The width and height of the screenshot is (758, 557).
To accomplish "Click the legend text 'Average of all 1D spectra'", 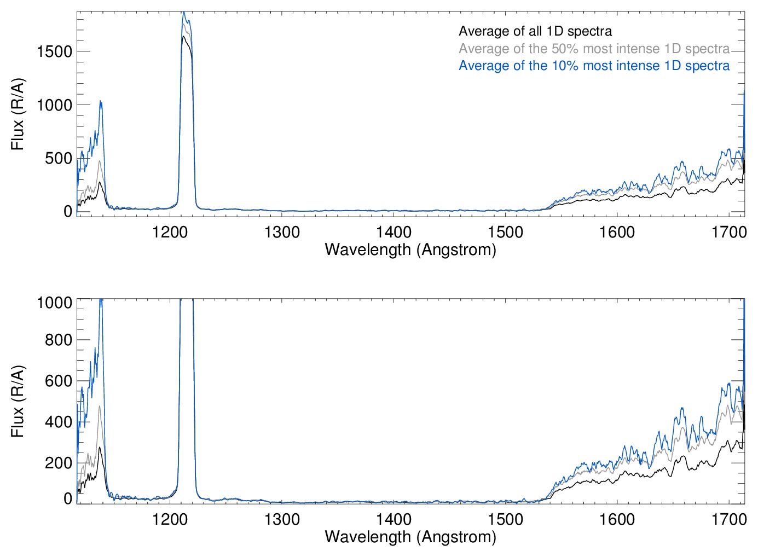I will (535, 31).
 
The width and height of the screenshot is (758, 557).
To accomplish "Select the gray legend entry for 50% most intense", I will (594, 49).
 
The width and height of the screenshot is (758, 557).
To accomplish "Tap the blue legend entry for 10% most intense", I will (594, 66).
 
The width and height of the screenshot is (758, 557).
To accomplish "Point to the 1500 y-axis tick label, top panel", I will (54, 51).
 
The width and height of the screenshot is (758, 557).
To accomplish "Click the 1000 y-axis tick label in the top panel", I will (54, 105).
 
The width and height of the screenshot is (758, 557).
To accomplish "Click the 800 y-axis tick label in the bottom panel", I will (59, 340).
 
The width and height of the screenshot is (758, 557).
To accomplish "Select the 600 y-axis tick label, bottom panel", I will (59, 381).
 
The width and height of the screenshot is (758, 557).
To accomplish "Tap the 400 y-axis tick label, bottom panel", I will (59, 422).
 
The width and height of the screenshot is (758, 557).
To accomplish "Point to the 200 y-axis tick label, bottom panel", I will (59, 463).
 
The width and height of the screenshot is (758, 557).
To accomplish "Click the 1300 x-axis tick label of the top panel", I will (282, 232).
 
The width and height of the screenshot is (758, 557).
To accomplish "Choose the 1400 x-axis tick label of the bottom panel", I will (394, 519).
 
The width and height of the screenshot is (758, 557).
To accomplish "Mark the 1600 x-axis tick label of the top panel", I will (617, 232).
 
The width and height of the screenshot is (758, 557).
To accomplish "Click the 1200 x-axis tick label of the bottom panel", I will (170, 519).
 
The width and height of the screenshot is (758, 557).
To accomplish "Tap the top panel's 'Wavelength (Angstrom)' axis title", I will (410, 250).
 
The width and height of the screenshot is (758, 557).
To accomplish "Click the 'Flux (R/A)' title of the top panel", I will (18, 114).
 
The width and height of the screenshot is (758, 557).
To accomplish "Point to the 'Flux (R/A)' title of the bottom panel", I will (18, 402).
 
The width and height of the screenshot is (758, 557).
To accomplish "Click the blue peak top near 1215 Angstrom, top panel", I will (184, 12).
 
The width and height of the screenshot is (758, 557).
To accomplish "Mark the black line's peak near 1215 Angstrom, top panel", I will (183, 36).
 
